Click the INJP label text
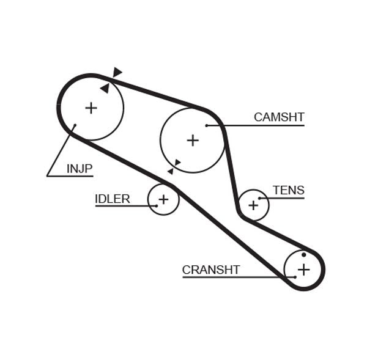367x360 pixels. click(x=80, y=167)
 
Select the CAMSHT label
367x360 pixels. click(x=279, y=117)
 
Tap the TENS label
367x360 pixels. click(x=288, y=190)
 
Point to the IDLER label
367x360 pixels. click(x=112, y=199)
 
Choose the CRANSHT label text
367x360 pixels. click(x=211, y=270)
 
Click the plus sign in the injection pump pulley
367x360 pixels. click(x=91, y=108)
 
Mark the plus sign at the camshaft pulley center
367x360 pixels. click(x=193, y=141)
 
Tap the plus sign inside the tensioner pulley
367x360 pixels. click(x=253, y=205)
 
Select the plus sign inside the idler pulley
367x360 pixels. click(x=163, y=199)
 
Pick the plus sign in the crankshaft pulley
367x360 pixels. click(x=304, y=269)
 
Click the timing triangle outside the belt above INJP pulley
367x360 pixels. click(x=117, y=72)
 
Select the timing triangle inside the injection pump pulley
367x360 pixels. click(x=105, y=89)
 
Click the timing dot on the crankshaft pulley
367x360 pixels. click(x=304, y=255)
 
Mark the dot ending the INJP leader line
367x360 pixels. click(x=75, y=126)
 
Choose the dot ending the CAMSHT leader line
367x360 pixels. click(x=207, y=125)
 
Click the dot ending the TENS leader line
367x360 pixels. click(x=259, y=198)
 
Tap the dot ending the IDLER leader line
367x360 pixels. click(x=157, y=206)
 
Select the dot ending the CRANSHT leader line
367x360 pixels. click(x=295, y=277)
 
